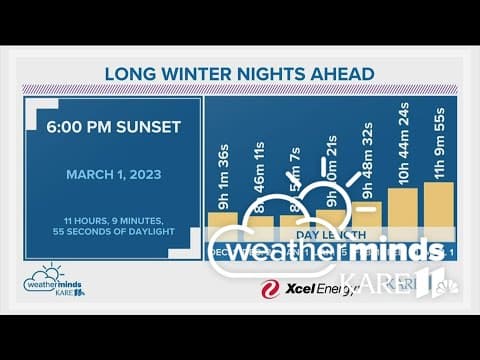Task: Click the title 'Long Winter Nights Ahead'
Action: [239, 73]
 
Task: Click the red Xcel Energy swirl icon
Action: [269, 290]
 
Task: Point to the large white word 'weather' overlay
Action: [275, 249]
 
